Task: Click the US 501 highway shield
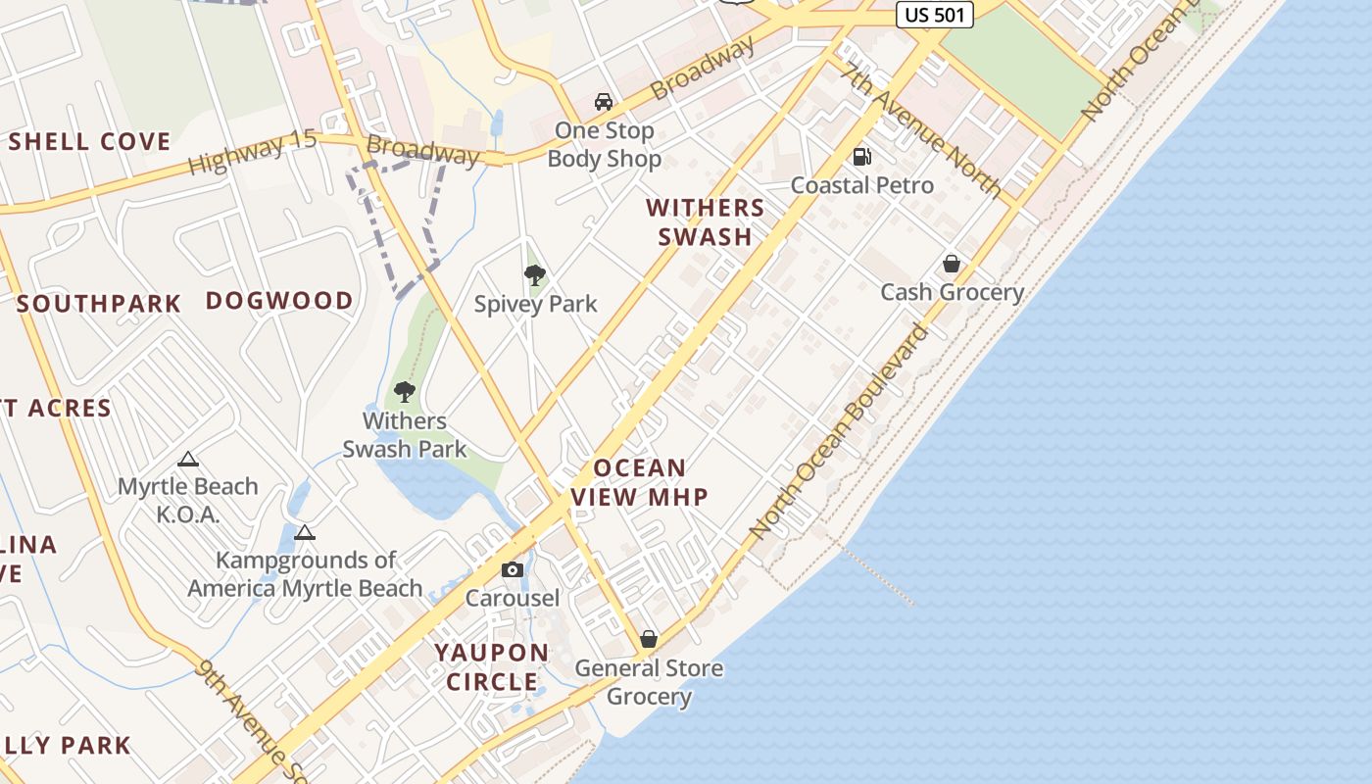934,15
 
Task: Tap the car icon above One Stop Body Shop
604,101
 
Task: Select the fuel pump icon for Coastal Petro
862,156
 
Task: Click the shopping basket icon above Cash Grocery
951,263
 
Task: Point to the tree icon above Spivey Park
535,274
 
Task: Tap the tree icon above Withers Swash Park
404,392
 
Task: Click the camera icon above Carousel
512,569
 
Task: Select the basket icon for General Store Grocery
648,639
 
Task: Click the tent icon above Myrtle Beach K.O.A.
188,459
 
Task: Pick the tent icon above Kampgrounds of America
305,532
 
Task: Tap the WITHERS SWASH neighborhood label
705,221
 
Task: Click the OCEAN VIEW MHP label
639,482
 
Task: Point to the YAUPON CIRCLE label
492,666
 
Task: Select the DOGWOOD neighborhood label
279,301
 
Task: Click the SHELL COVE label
89,142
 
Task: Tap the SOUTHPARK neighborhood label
99,304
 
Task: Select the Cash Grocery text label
952,292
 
